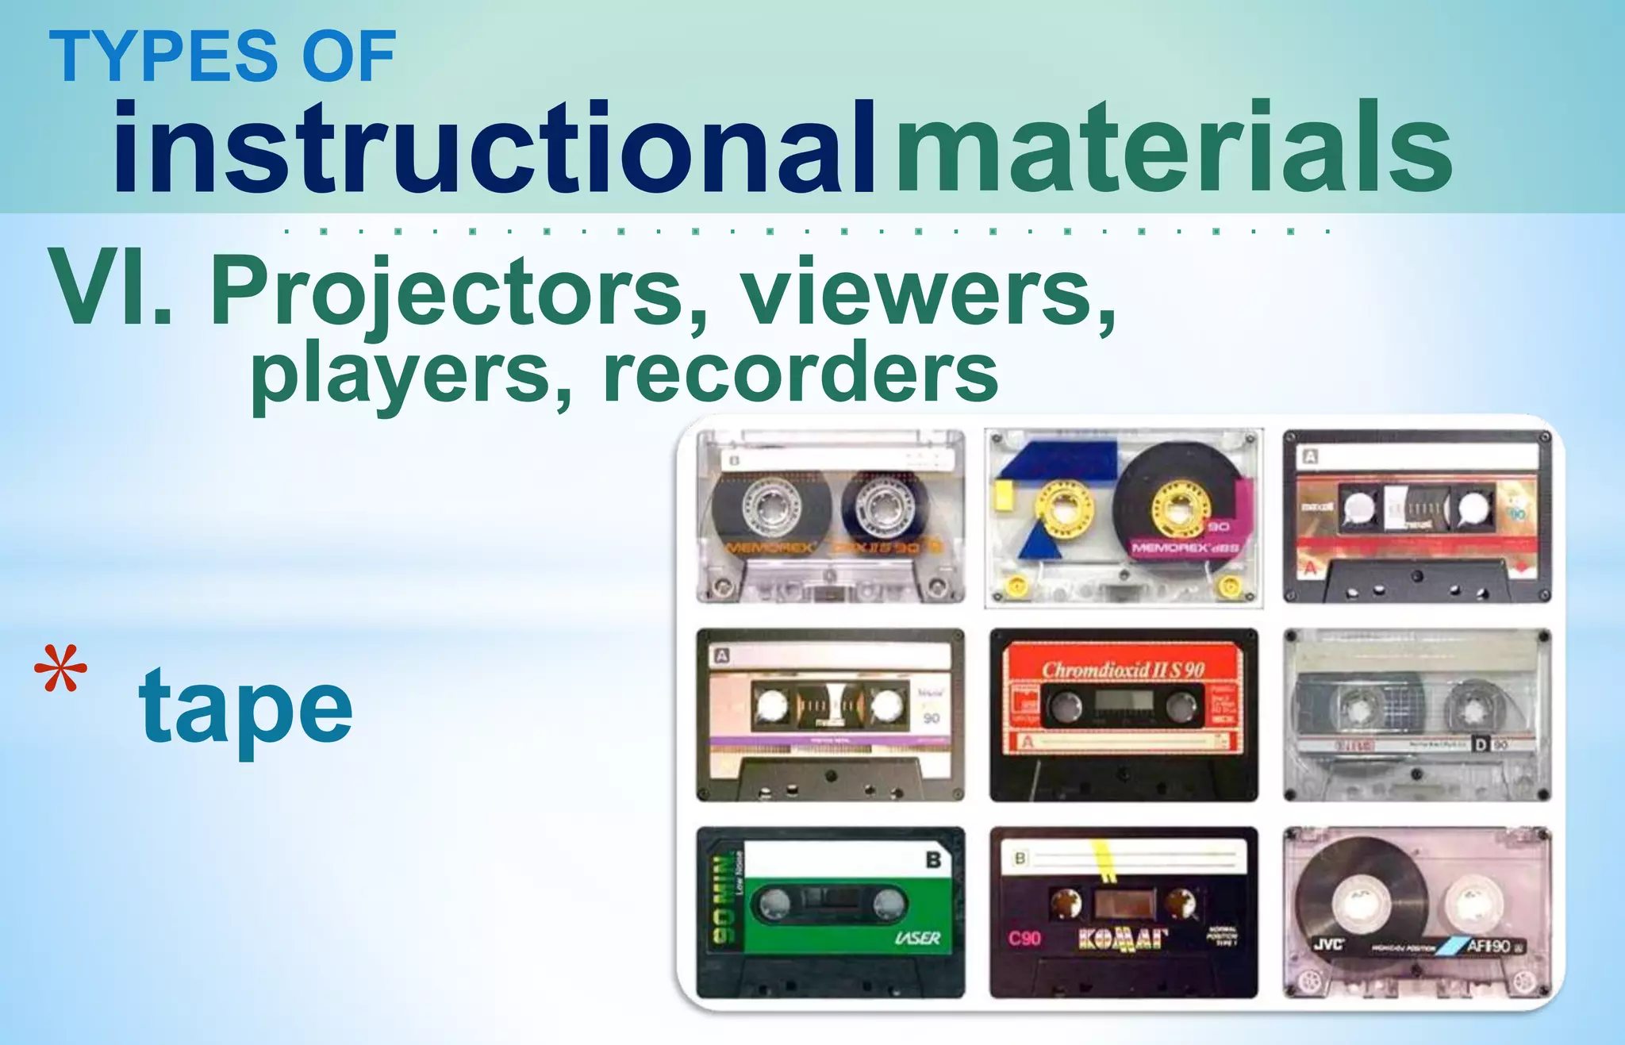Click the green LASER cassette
coord(830,912)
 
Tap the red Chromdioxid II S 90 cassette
coord(1124,714)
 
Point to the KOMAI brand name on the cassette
coord(1123,940)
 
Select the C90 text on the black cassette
coord(1024,939)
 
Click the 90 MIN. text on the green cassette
coord(723,901)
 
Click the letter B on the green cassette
coord(934,860)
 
